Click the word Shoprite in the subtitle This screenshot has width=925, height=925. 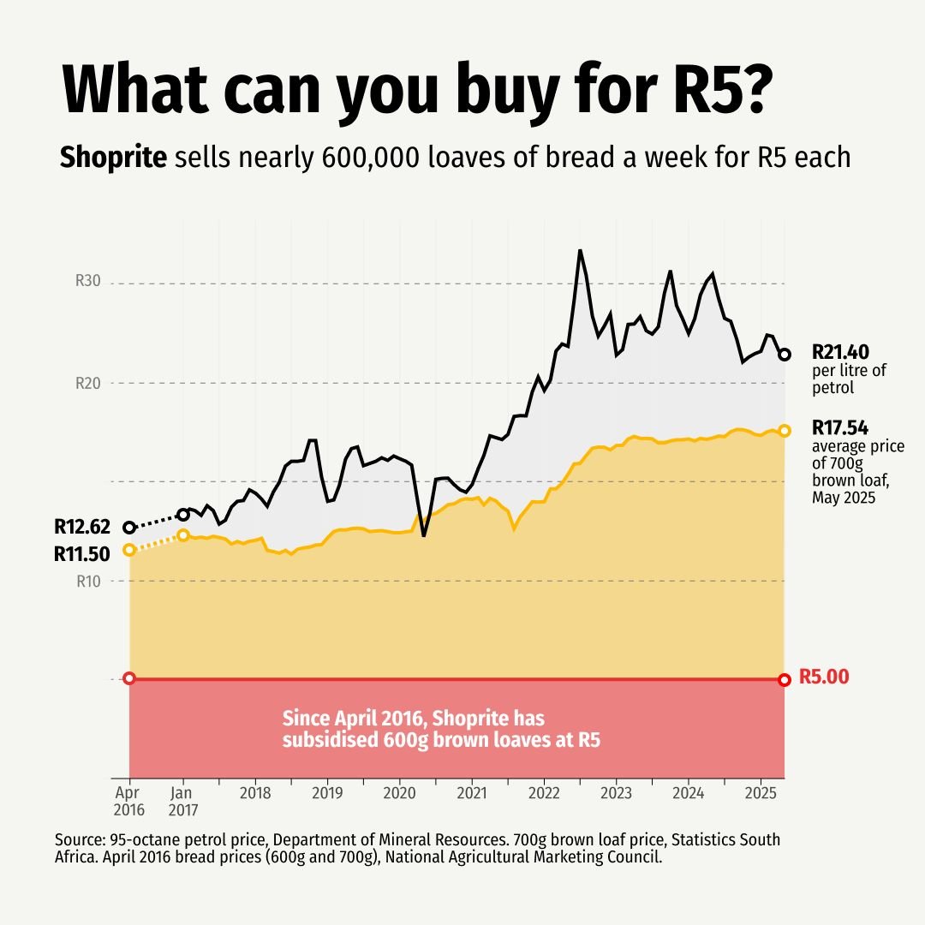[113, 158]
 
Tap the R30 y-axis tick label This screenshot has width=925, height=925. [89, 282]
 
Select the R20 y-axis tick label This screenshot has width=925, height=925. [89, 383]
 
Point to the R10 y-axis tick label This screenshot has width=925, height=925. [89, 582]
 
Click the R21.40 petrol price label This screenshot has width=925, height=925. [841, 352]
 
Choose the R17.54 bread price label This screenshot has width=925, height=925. [841, 427]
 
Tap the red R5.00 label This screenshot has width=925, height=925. [824, 677]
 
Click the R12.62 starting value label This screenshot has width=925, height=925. [81, 527]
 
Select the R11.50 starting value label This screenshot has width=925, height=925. [81, 554]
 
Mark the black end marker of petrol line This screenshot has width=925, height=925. [785, 354]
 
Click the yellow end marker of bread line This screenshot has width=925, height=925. [785, 430]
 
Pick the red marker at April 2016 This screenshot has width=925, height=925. [129, 678]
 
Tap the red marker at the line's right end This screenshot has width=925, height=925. [785, 679]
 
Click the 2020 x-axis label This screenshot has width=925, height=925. [399, 793]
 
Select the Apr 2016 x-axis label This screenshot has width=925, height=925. [129, 800]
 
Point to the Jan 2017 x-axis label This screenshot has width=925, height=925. [182, 800]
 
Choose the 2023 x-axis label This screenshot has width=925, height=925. [615, 793]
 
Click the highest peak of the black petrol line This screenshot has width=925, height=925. [580, 250]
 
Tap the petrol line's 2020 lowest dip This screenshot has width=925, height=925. [423, 536]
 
